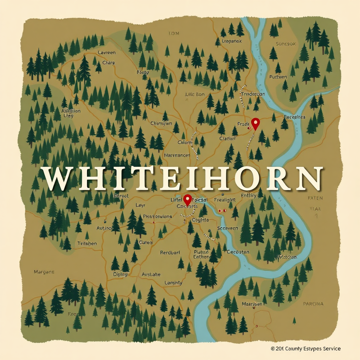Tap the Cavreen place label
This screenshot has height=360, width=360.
click(107, 52)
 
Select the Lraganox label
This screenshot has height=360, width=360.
click(228, 41)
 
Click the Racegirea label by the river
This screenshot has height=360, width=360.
click(294, 117)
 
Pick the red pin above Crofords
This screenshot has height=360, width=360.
click(187, 199)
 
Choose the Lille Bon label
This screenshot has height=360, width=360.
click(194, 94)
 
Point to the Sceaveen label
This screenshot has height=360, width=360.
click(227, 228)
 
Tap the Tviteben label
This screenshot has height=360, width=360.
click(87, 243)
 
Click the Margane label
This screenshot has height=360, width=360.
click(44, 272)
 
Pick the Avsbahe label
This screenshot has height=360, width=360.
click(151, 274)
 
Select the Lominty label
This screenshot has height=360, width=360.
click(173, 283)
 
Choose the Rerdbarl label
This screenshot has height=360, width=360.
click(170, 252)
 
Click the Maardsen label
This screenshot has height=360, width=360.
click(252, 304)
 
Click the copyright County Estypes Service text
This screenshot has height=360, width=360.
click(306, 348)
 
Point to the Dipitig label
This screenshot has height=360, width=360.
click(120, 274)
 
